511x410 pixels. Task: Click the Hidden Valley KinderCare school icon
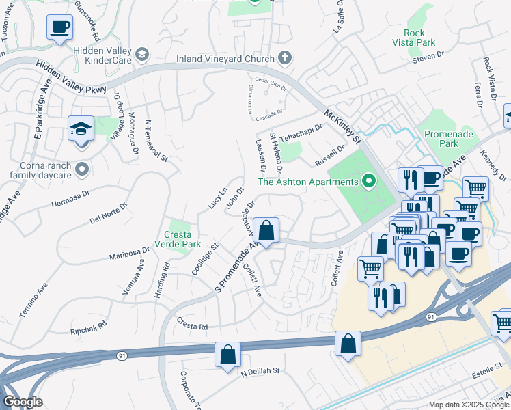pos(142,54)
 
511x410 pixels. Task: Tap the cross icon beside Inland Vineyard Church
pos(285,58)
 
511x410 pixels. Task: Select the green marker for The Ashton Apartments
pos(370,182)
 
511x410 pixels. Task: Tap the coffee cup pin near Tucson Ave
pos(60,27)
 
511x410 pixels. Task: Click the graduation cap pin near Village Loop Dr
pos(80,128)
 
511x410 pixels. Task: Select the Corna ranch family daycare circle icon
pos(83,167)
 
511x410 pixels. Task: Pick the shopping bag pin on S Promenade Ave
pos(266,230)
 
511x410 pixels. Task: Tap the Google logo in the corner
pos(23,402)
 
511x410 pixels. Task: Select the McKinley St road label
pos(342,127)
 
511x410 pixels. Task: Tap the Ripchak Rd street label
pos(89,327)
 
